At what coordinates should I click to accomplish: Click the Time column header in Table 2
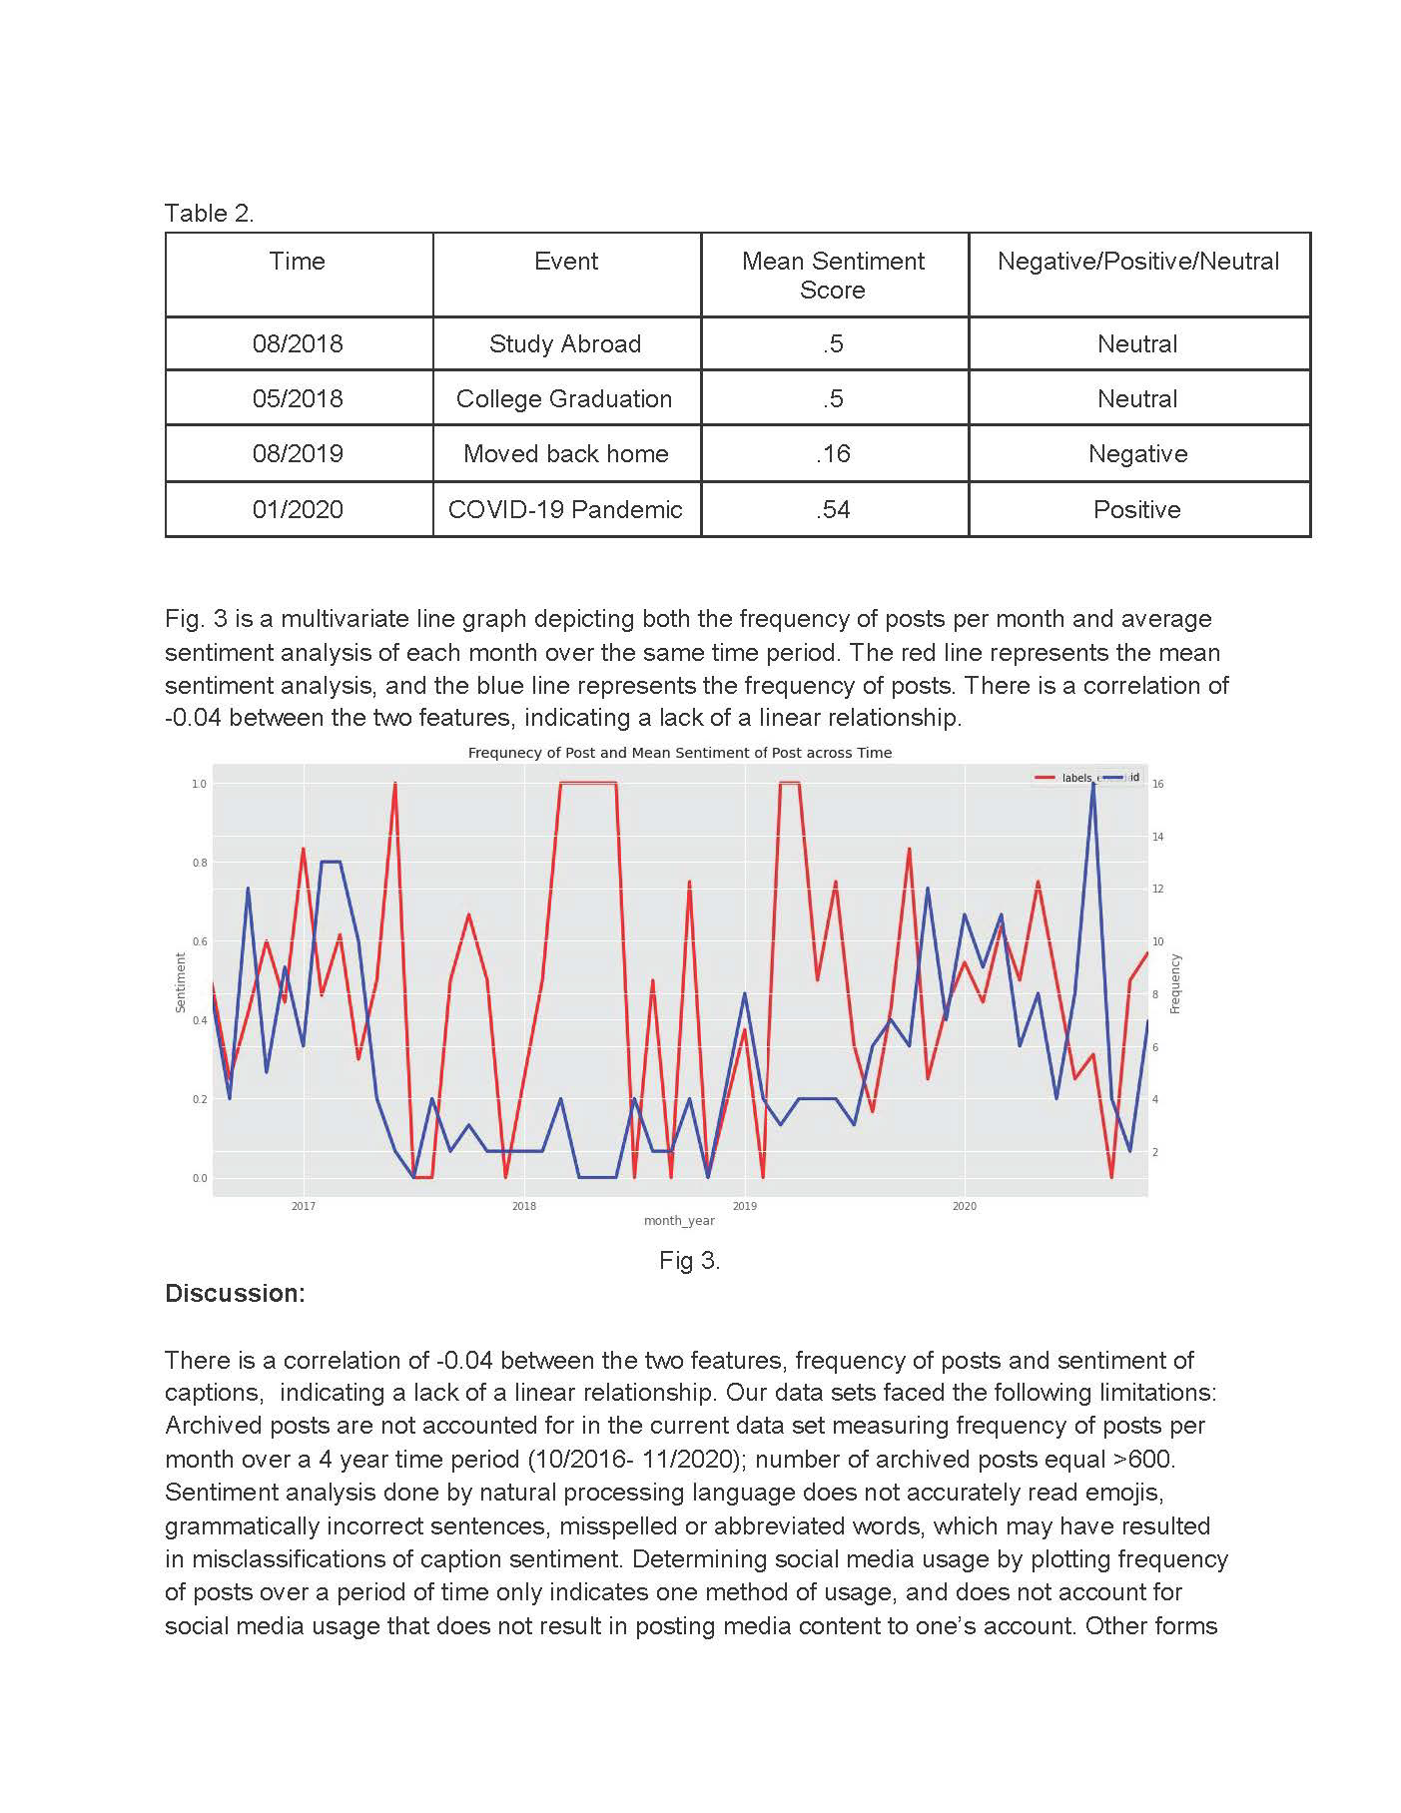(297, 262)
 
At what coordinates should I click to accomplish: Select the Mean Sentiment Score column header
(833, 276)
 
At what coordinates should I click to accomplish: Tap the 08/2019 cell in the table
(297, 454)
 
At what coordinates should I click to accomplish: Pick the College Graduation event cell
(564, 399)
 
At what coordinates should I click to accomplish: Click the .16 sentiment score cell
(833, 454)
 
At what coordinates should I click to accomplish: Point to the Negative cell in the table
(1137, 454)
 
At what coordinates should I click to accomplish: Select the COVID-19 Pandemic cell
(565, 510)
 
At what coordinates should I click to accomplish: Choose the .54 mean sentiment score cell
(833, 510)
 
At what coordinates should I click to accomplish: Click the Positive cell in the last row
(1136, 510)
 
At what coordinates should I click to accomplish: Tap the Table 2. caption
(209, 214)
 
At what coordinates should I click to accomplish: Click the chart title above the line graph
(679, 753)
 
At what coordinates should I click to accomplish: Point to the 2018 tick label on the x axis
(523, 1207)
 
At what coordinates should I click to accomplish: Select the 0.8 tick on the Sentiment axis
(199, 863)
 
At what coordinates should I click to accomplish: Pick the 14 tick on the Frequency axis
(1158, 837)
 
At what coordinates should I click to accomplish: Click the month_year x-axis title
(679, 1221)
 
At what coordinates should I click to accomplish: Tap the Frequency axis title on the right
(1175, 983)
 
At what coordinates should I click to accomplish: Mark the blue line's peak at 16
(1093, 784)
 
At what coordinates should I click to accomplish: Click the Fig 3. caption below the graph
(689, 1261)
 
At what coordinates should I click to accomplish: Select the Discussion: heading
(235, 1294)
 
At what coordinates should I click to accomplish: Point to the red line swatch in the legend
(1046, 777)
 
